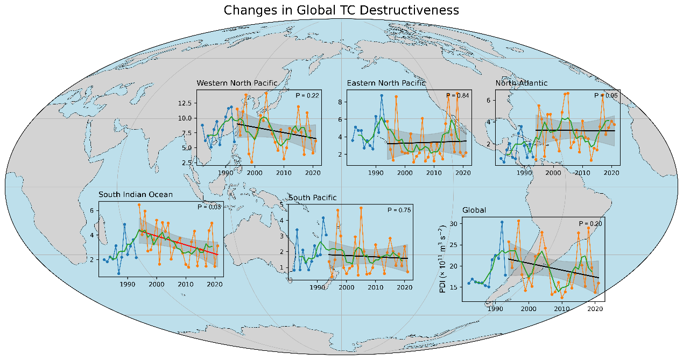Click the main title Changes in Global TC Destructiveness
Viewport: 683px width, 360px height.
pyautogui.click(x=341, y=10)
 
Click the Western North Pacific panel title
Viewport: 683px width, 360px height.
pyautogui.click(x=237, y=83)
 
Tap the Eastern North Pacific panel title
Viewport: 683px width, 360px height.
pyautogui.click(x=386, y=83)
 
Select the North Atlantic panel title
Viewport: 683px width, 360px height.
pyautogui.click(x=521, y=83)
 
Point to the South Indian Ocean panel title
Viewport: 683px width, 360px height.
pyautogui.click(x=135, y=194)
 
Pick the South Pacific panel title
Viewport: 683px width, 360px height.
pyautogui.click(x=313, y=197)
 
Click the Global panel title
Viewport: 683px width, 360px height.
pyautogui.click(x=474, y=210)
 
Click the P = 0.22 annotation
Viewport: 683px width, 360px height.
pyautogui.click(x=307, y=95)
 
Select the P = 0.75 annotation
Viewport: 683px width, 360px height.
pyautogui.click(x=399, y=210)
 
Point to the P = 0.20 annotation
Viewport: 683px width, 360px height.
pyautogui.click(x=590, y=223)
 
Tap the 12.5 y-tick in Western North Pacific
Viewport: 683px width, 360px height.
pyautogui.click(x=186, y=103)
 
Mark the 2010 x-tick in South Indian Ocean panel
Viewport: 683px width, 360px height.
pyautogui.click(x=185, y=284)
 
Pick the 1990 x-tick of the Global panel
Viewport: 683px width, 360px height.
pyautogui.click(x=495, y=308)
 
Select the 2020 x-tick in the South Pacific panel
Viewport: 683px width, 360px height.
pyautogui.click(x=404, y=288)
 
